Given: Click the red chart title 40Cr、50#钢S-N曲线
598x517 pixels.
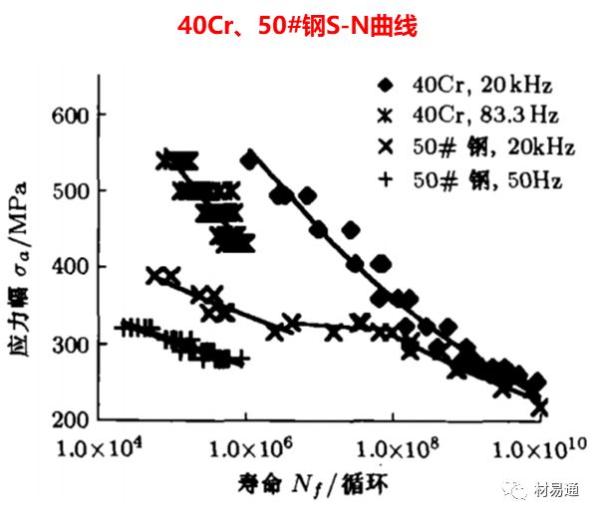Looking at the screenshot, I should click(298, 23).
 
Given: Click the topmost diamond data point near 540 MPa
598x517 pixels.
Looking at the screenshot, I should click(249, 158).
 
